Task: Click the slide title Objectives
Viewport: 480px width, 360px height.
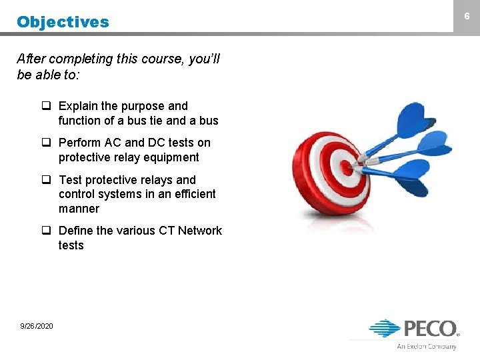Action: coord(63,22)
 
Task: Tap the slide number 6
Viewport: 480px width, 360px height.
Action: coord(467,15)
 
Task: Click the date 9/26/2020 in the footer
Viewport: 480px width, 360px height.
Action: coord(37,325)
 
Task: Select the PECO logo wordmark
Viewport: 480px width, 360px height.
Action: coord(430,329)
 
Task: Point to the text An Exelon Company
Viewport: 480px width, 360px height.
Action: coord(427,346)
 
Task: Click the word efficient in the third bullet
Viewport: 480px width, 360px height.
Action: coord(193,194)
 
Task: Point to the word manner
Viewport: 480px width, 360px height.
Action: coord(79,209)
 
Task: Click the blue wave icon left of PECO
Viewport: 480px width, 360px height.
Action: coord(385,328)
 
